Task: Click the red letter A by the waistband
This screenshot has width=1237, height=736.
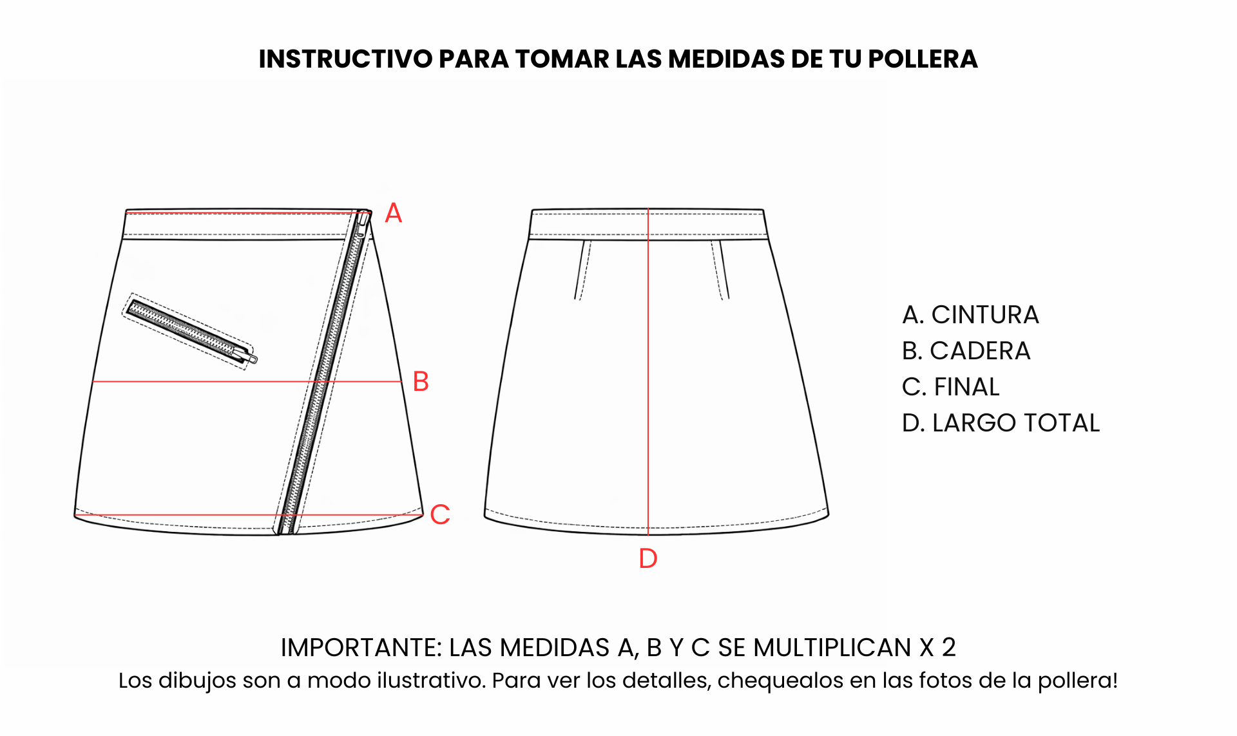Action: click(x=393, y=213)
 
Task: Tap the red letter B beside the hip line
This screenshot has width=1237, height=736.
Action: click(x=421, y=381)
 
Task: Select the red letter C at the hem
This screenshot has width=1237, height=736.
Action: click(x=440, y=514)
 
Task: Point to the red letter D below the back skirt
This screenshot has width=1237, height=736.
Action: click(x=648, y=558)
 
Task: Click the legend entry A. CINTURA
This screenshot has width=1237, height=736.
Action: click(x=970, y=315)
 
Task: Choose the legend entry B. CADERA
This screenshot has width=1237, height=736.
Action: click(x=966, y=351)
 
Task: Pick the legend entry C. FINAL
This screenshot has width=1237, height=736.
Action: click(x=951, y=387)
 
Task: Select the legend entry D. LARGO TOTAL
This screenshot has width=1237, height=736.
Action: click(x=1001, y=423)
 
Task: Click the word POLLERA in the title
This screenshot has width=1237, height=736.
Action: click(x=923, y=59)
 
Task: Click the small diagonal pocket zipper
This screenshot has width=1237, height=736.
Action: click(x=191, y=331)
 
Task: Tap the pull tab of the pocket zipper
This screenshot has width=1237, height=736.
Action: click(x=249, y=355)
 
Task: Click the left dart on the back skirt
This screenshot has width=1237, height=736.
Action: click(x=582, y=270)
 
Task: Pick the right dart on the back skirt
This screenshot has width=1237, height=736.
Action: click(x=720, y=270)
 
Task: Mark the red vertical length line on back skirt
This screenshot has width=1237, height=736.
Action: click(x=648, y=372)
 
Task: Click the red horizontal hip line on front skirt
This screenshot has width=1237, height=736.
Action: click(x=247, y=381)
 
